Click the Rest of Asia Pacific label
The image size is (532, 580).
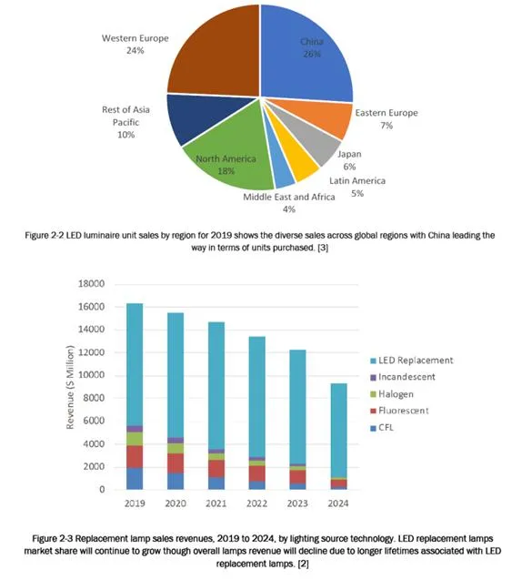(x=126, y=122)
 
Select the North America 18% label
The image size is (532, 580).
(x=226, y=165)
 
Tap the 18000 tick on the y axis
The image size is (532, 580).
(x=91, y=284)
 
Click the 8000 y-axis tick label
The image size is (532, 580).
(x=94, y=398)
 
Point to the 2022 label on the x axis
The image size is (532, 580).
(x=256, y=504)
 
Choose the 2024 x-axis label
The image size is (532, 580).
(x=338, y=504)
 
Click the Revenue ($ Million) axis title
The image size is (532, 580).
(x=70, y=387)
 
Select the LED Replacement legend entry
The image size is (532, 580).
(x=412, y=361)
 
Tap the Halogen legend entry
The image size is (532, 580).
(x=392, y=394)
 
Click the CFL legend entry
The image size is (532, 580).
(x=382, y=428)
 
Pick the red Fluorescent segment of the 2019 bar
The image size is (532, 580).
(x=135, y=456)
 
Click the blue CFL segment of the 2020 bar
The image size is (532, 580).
(x=176, y=481)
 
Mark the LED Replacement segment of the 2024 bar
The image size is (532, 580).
(x=338, y=430)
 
